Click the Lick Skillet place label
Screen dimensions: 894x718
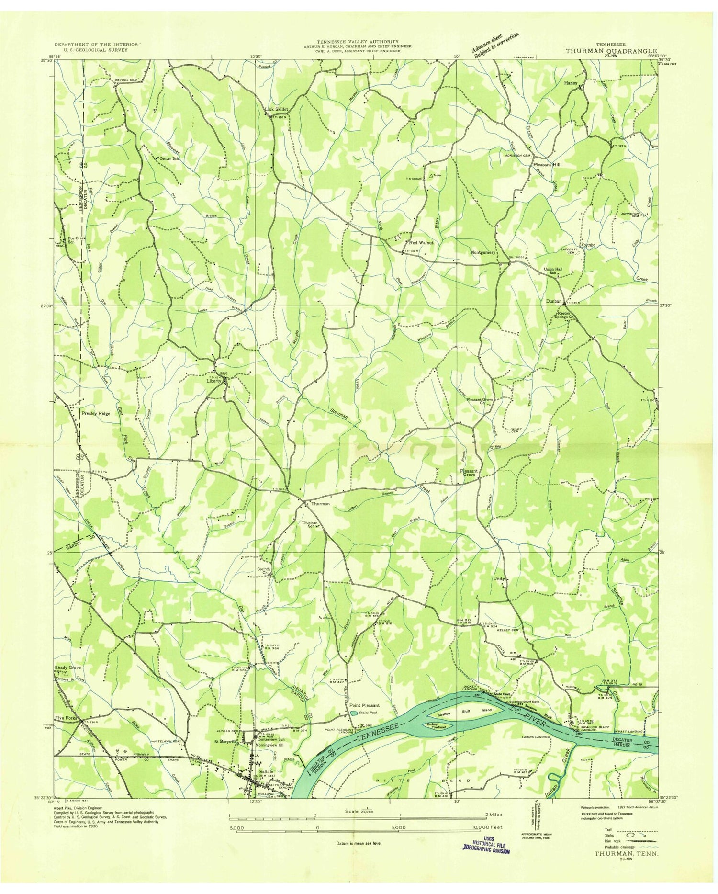coord(277,109)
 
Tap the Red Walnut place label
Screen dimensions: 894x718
coord(421,243)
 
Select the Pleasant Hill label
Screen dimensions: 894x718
coord(547,164)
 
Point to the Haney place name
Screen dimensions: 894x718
coord(571,83)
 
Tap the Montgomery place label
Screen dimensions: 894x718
coord(482,252)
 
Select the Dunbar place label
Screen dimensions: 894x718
coord(553,302)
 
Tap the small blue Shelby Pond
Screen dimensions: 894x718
coord(353,713)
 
